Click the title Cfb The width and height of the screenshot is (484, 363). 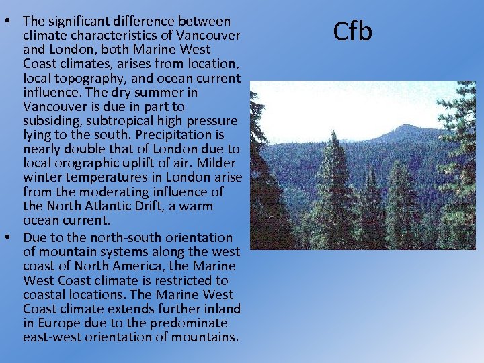coord(353,32)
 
